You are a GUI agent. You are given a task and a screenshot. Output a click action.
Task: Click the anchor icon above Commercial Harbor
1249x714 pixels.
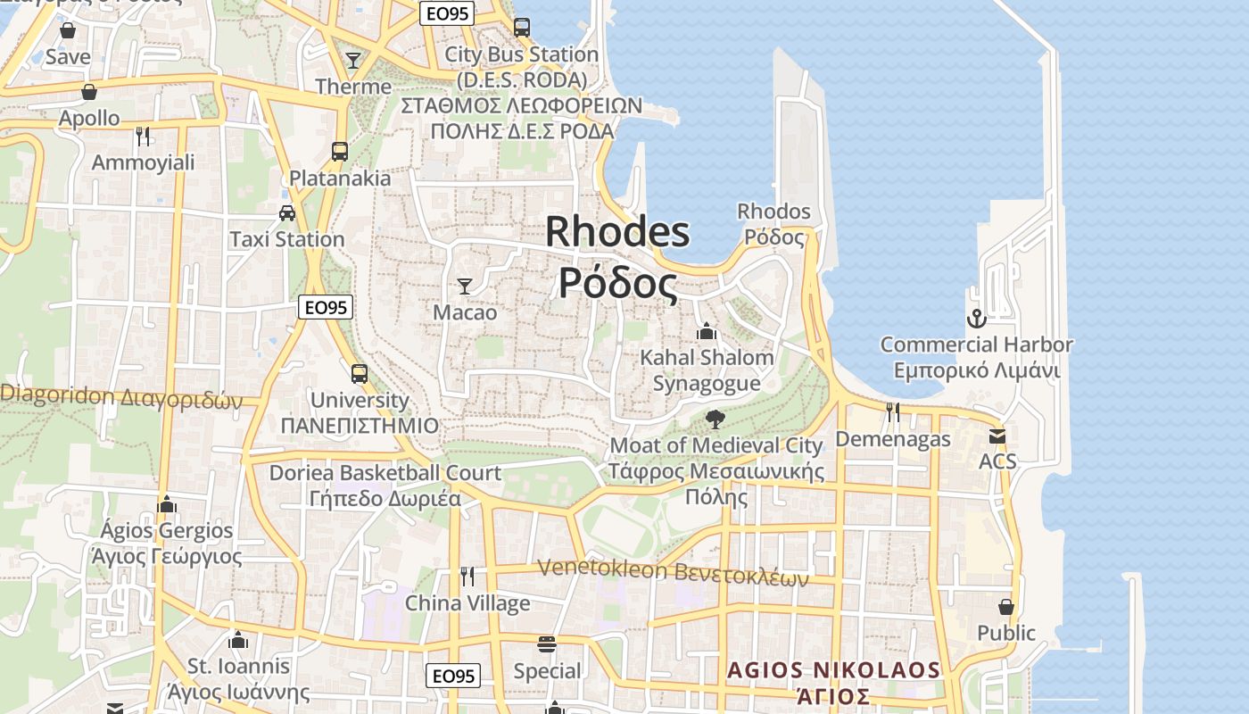pyautogui.click(x=977, y=319)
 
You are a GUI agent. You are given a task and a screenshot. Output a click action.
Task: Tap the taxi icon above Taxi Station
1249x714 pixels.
pyautogui.click(x=287, y=213)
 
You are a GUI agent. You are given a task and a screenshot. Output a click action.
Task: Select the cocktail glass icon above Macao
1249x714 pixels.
pyautogui.click(x=465, y=286)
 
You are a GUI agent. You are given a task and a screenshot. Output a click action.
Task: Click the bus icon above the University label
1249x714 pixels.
pyautogui.click(x=360, y=374)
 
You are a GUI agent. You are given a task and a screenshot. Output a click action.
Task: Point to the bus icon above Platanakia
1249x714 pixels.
pyautogui.click(x=340, y=152)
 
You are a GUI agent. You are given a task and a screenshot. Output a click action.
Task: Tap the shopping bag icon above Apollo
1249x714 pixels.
pyautogui.click(x=89, y=92)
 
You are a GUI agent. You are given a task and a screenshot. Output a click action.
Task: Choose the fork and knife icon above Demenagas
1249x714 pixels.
pyautogui.click(x=892, y=411)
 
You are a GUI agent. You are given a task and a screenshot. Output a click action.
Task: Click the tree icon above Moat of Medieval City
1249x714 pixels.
pyautogui.click(x=715, y=419)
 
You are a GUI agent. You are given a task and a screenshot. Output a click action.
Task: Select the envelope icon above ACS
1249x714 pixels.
pyautogui.click(x=997, y=436)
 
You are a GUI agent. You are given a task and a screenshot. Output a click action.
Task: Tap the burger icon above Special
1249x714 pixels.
pyautogui.click(x=547, y=644)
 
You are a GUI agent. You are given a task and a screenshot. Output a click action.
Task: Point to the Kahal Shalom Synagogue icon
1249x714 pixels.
pyautogui.click(x=707, y=332)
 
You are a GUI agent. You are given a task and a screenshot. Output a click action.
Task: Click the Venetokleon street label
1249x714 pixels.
pyautogui.click(x=673, y=572)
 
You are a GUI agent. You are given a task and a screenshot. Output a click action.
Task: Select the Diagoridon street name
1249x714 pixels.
pyautogui.click(x=120, y=398)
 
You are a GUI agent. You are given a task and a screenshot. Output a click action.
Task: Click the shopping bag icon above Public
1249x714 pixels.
pyautogui.click(x=1006, y=607)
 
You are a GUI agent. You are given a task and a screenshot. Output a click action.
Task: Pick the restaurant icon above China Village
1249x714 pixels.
pyautogui.click(x=467, y=577)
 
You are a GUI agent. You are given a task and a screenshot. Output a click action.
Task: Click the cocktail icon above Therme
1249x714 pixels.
pyautogui.click(x=353, y=61)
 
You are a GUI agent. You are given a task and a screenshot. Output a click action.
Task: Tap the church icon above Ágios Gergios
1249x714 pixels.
pyautogui.click(x=167, y=505)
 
